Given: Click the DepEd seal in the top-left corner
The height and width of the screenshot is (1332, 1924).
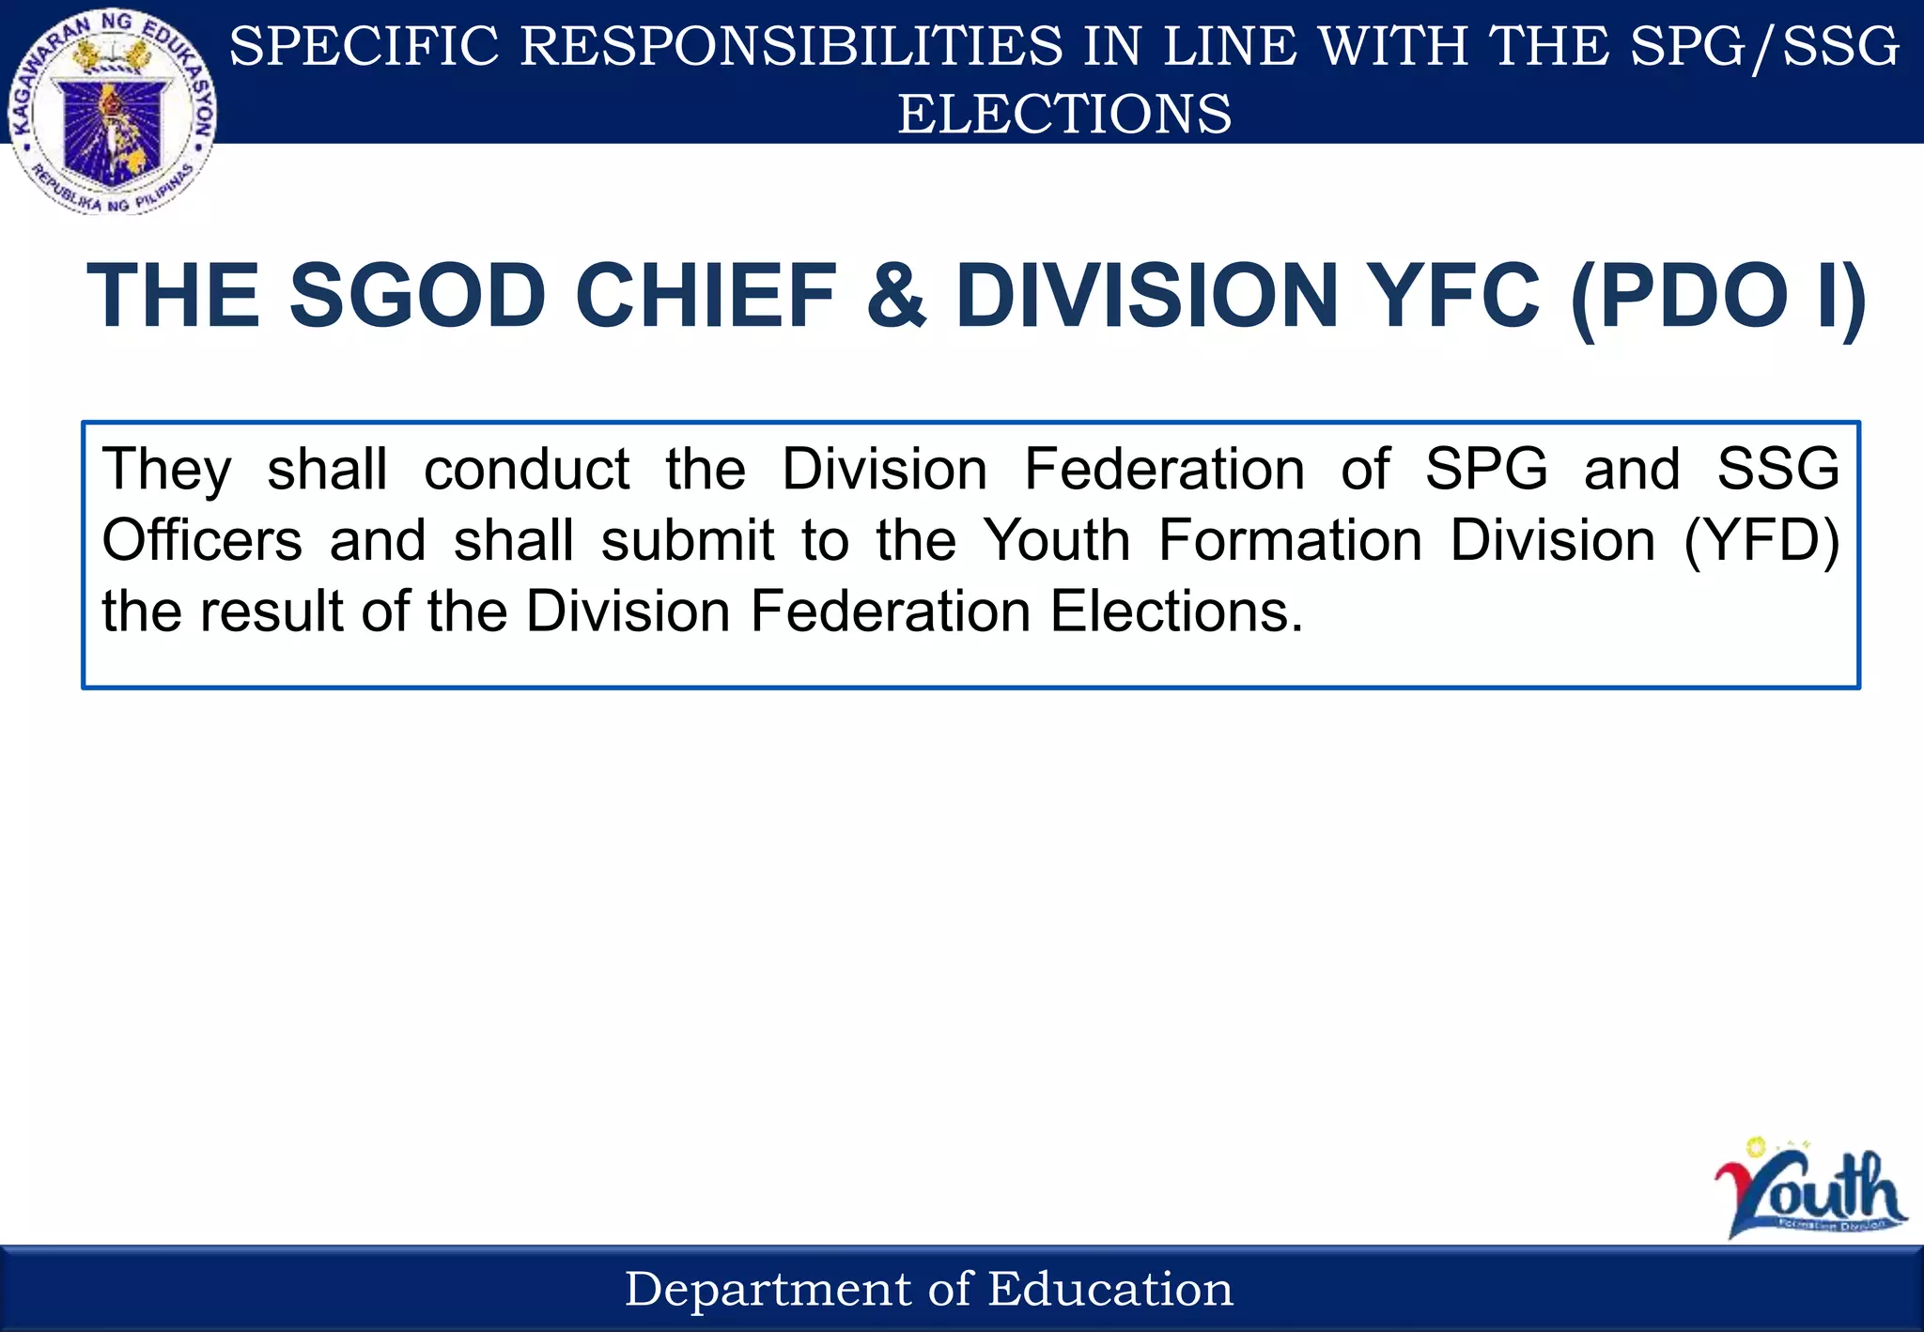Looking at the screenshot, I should [113, 113].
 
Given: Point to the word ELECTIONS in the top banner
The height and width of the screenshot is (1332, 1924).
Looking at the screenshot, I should [1064, 114].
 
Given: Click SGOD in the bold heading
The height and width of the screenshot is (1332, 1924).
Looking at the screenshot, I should [417, 296].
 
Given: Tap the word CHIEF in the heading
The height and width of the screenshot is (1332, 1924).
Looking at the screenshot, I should [706, 296].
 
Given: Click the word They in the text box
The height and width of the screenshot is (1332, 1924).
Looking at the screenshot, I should [166, 470].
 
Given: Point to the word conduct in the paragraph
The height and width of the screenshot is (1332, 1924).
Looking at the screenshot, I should [527, 470].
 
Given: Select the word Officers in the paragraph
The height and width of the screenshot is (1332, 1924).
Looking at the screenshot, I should [202, 541].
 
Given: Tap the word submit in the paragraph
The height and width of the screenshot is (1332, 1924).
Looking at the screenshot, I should [688, 541].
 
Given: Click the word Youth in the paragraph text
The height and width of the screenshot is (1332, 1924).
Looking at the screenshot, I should [1057, 541].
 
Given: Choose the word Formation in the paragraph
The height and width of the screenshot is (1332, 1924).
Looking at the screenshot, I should [1290, 541].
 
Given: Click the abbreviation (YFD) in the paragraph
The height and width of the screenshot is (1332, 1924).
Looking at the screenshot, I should [1761, 541].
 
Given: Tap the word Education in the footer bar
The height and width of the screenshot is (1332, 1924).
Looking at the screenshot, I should [1110, 1289].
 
